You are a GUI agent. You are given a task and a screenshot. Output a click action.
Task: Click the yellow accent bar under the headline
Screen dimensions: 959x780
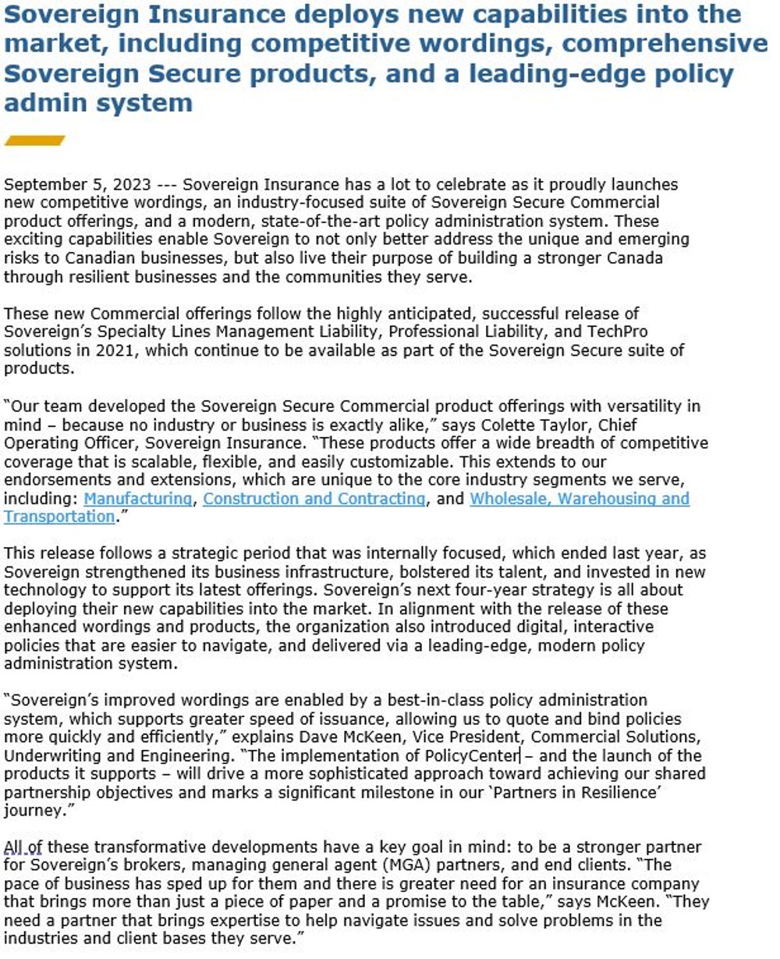[x=34, y=140]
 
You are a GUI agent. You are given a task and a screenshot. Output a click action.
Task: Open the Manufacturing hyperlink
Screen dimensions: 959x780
[x=137, y=499]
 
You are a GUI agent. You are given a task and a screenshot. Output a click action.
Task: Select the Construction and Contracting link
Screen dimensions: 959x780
[x=314, y=499]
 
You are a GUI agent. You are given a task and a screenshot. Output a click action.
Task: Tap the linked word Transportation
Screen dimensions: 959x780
[x=59, y=517]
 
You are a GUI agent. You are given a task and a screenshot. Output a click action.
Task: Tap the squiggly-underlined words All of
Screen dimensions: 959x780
[x=23, y=847]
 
